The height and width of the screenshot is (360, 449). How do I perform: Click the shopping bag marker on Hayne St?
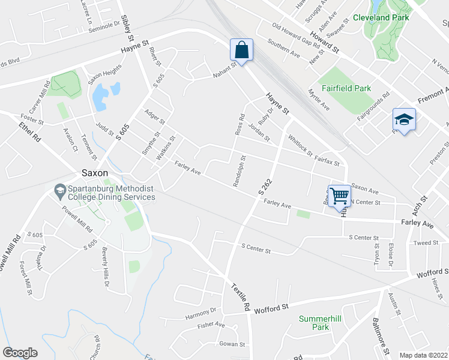[241, 50]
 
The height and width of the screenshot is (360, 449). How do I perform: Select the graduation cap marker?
[404, 119]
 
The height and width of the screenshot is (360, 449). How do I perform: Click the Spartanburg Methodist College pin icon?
[59, 191]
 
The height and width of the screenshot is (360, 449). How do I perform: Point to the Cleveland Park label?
[381, 17]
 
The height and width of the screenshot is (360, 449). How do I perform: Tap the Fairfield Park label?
[346, 88]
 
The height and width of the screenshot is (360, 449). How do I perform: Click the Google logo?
[20, 353]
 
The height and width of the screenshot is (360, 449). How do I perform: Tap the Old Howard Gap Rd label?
[296, 35]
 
